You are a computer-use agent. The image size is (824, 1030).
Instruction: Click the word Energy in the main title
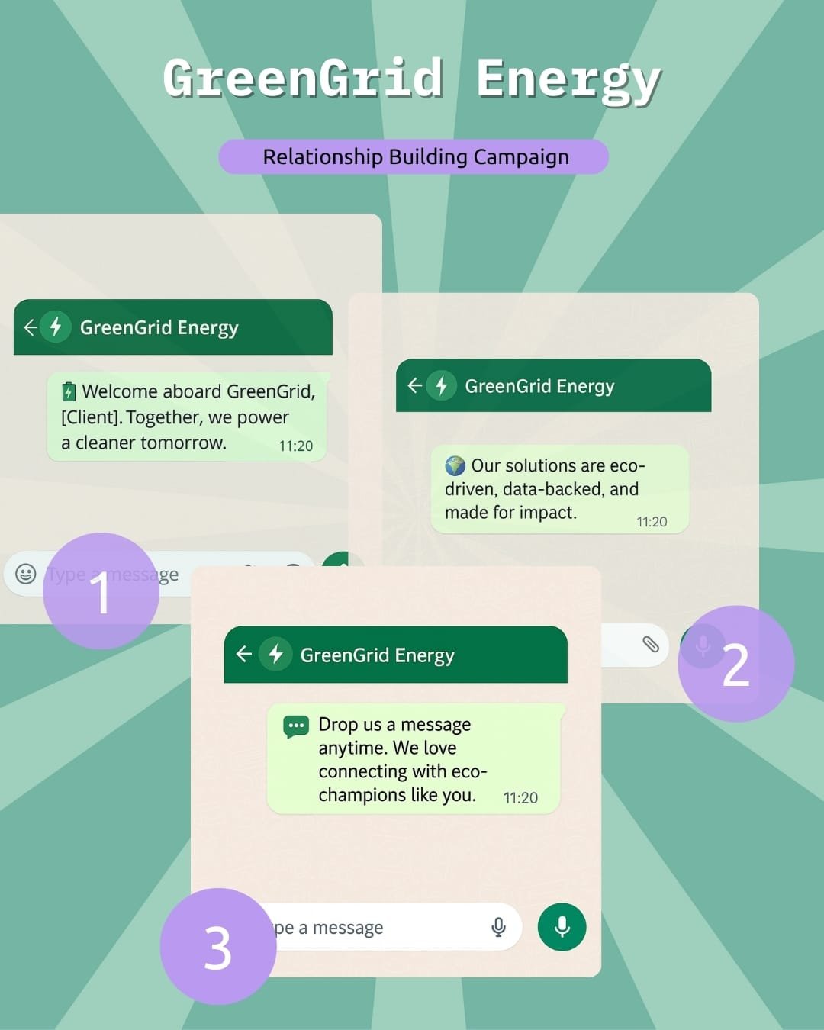[568, 81]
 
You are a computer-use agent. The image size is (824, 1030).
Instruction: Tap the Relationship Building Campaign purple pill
[414, 157]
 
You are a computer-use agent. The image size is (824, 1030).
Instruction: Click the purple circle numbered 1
[101, 591]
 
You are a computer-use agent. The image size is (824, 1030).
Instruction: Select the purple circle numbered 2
[735, 664]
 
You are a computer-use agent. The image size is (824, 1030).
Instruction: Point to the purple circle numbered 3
[218, 947]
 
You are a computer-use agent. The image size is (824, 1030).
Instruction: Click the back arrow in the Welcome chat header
[31, 327]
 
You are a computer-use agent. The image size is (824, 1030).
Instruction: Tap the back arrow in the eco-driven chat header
[414, 385]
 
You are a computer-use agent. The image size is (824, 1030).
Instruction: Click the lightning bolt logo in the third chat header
[276, 654]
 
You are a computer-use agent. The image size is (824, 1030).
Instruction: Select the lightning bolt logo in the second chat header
[441, 385]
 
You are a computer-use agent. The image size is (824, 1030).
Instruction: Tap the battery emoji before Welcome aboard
[69, 392]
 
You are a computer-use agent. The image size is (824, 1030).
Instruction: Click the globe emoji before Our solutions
[455, 465]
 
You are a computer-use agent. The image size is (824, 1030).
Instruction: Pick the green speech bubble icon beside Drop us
[296, 726]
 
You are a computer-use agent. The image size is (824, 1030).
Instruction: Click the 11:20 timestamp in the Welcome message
[296, 446]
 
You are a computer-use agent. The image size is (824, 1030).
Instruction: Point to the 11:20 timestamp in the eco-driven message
[652, 522]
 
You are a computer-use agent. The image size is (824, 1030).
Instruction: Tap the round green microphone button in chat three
[562, 927]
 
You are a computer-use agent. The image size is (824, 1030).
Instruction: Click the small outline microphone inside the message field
[498, 927]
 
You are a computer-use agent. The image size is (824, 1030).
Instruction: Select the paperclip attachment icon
[650, 645]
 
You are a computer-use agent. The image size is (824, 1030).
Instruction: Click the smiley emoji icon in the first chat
[26, 574]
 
